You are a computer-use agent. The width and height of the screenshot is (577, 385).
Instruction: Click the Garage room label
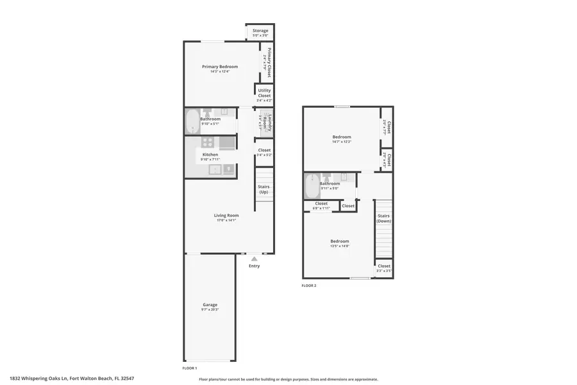pos(210,305)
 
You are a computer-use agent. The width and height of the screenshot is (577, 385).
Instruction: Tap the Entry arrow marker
pos(255,259)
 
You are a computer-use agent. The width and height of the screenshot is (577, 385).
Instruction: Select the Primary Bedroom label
pos(220,67)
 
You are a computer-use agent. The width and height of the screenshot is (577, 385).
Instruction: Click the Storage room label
pos(260,31)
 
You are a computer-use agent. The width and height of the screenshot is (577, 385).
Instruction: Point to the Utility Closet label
pos(264,93)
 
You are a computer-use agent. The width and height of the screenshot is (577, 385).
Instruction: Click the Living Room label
pos(226,216)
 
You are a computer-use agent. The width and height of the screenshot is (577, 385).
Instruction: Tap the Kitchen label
pos(210,155)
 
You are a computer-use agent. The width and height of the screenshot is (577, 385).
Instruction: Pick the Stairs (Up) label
pos(263,189)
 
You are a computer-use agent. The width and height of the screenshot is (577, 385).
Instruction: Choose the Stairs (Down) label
pos(383,219)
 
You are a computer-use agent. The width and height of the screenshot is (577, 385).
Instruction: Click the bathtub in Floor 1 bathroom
pos(192,121)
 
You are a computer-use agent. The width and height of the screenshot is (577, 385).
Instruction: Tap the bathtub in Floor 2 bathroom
pos(312,186)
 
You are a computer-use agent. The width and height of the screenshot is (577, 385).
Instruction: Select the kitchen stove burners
pos(208,142)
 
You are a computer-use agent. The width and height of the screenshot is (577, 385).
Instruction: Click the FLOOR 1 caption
pos(190,368)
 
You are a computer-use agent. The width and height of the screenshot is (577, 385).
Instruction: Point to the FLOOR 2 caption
pos(309,286)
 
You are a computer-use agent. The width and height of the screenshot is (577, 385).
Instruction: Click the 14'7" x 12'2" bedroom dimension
pos(342,141)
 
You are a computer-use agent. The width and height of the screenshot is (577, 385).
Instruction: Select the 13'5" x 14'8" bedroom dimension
pos(340,246)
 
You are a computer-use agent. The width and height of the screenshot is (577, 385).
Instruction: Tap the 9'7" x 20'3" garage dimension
pos(210,310)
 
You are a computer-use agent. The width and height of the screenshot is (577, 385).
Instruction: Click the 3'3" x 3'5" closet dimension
pos(384,271)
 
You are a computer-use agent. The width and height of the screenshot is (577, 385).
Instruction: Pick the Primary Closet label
pos(269,62)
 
